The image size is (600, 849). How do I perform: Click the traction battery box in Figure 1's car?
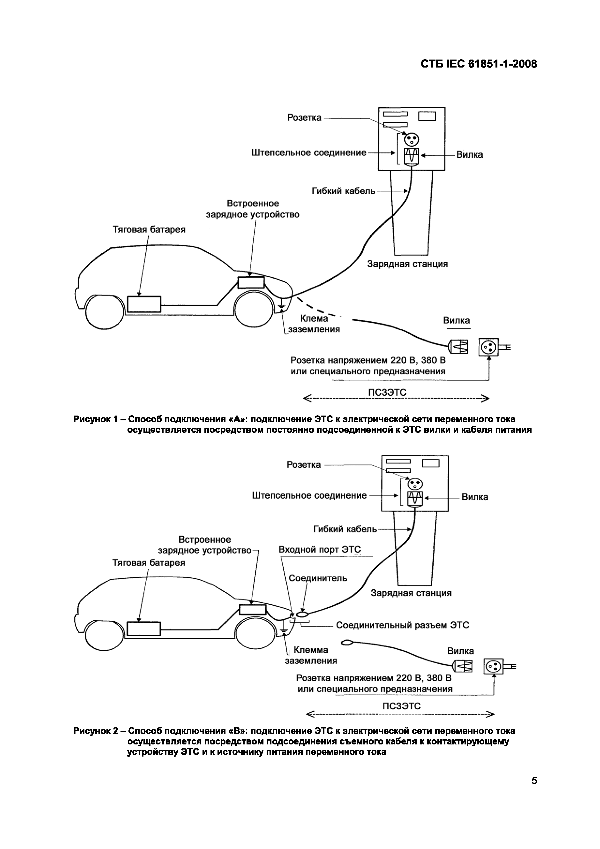(x=144, y=304)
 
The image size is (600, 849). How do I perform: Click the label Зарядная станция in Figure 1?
(x=407, y=264)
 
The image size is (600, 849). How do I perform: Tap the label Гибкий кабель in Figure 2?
(x=345, y=529)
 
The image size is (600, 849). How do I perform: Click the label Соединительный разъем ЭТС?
(x=402, y=625)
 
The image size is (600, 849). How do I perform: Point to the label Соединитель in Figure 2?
(x=318, y=578)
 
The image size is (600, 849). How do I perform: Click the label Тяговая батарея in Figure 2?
(x=149, y=563)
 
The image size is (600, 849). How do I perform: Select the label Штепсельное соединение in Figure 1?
(x=309, y=153)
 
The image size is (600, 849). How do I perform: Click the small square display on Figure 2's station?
(x=430, y=463)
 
